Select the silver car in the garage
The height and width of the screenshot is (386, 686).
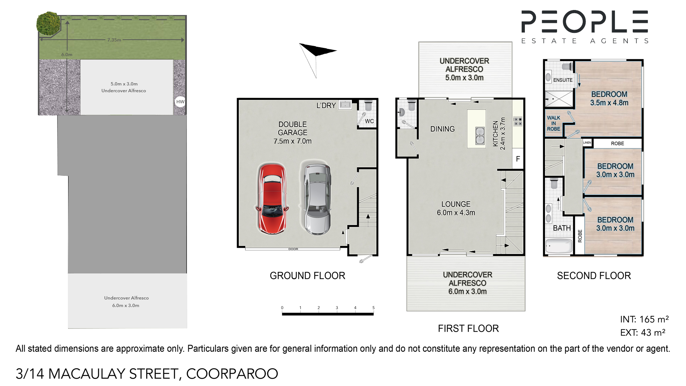click(317, 199)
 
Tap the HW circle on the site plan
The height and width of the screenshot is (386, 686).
click(180, 102)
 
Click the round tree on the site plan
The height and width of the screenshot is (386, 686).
click(49, 24)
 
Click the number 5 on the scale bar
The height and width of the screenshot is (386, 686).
click(373, 308)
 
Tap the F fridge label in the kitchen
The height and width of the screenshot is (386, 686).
click(518, 159)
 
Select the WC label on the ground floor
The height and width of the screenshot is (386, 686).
click(369, 121)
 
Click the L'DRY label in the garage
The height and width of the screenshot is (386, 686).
click(326, 105)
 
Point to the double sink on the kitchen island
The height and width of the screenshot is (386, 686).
click(480, 136)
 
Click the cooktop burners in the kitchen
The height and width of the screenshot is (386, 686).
click(518, 122)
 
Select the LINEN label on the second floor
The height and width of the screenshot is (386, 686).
click(587, 143)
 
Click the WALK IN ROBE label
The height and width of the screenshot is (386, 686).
click(553, 123)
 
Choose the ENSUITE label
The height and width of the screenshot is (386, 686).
click(563, 80)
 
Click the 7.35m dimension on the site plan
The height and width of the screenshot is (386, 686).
click(114, 40)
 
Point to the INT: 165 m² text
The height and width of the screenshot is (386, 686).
click(644, 319)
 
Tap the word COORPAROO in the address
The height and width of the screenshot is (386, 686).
click(232, 374)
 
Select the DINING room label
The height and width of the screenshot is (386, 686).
click(442, 129)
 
